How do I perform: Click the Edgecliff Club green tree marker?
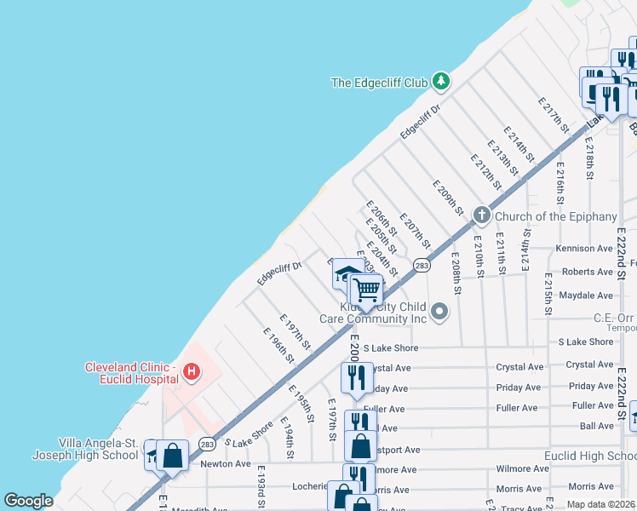[440, 82]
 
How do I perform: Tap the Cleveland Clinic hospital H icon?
[192, 371]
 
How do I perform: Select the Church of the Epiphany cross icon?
[481, 215]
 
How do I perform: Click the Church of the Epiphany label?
[555, 216]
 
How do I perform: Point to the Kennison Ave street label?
[584, 249]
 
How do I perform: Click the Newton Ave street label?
[226, 464]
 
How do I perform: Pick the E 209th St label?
[447, 198]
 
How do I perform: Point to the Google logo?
[29, 501]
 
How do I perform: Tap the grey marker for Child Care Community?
[439, 311]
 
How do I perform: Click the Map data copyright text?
[601, 504]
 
